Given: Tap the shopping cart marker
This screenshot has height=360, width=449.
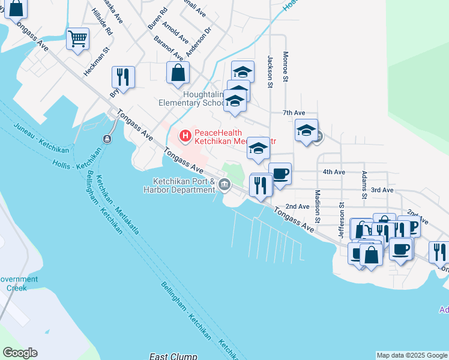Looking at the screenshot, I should [77, 39].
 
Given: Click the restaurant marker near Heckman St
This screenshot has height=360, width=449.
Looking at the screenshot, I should [123, 77].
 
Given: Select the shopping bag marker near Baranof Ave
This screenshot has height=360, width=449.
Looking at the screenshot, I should [178, 73].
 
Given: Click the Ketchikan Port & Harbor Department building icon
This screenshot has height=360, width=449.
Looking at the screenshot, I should [225, 184].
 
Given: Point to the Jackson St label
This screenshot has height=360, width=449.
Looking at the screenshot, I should [271, 71].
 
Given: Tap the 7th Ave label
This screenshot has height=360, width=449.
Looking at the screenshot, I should [294, 113].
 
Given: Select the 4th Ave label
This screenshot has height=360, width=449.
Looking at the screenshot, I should [334, 172].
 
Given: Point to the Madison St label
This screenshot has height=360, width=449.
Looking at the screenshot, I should [318, 206].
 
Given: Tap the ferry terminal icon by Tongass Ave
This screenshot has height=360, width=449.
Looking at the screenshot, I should [107, 139].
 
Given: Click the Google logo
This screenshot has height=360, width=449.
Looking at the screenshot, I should [20, 353].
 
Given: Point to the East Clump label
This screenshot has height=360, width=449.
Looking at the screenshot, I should [173, 356].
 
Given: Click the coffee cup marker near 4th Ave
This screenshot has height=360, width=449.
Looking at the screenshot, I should [280, 174].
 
